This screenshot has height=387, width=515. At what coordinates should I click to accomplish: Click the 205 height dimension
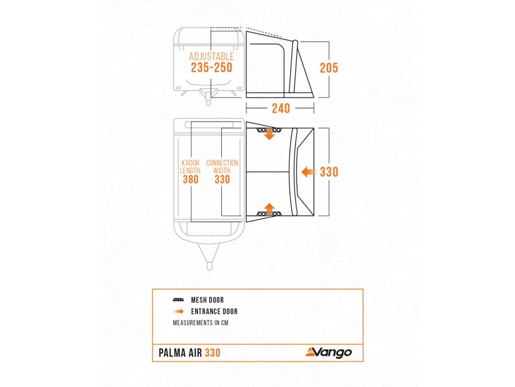point(329,68)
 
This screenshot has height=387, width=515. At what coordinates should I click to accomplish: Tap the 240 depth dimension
point(281,108)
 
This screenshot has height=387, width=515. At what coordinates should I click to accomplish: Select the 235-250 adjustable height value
point(212,68)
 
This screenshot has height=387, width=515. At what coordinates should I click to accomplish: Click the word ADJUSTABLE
point(212,56)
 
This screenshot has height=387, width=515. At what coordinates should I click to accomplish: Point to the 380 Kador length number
point(191,179)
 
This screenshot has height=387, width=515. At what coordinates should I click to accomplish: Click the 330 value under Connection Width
point(222,179)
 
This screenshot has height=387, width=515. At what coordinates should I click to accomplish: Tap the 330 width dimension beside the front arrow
point(329,172)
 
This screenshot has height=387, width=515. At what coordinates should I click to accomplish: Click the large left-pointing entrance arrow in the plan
point(309,172)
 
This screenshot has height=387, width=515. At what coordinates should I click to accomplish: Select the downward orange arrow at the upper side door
point(270,134)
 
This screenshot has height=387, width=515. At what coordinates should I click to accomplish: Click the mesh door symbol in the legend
point(178,300)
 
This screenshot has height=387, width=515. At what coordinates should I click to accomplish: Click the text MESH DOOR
point(207,300)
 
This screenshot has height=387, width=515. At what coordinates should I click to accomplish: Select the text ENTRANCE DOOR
point(214,311)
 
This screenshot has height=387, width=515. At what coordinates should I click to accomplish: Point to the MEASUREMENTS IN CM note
point(200,323)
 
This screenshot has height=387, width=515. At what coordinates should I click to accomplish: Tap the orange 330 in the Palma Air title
point(212,353)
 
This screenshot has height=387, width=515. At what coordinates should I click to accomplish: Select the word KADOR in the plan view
point(191,163)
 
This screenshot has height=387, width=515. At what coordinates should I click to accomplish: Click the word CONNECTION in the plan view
point(222,163)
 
